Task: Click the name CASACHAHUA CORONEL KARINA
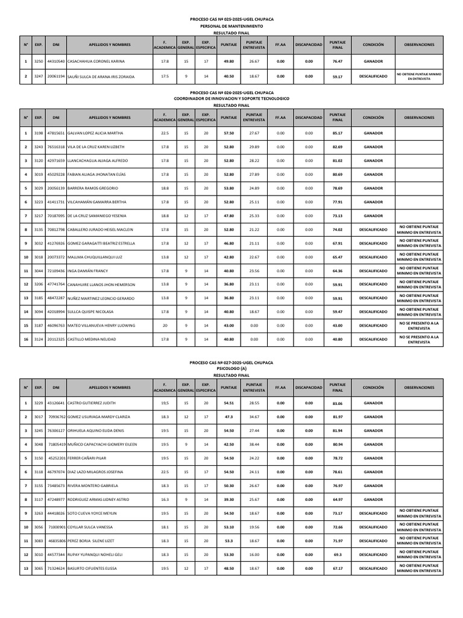click(96, 62)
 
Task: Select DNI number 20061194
click(56, 77)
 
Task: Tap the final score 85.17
click(337, 133)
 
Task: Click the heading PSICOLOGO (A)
click(231, 369)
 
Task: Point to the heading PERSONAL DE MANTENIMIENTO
click(231, 27)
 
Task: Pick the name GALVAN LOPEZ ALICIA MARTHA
click(95, 133)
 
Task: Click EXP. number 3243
click(39, 147)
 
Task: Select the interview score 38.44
click(254, 444)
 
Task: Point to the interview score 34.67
click(254, 416)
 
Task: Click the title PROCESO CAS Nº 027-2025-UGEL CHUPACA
click(231, 363)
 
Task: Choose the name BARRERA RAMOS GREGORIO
click(93, 188)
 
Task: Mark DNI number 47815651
click(56, 133)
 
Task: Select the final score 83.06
click(337, 403)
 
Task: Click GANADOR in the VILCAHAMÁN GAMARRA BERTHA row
click(373, 202)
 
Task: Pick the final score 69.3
click(337, 555)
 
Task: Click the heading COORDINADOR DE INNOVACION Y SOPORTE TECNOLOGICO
click(231, 99)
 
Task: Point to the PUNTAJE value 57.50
click(228, 133)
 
